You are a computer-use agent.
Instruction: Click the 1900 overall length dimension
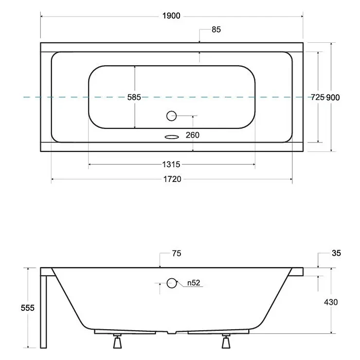pos(171,16)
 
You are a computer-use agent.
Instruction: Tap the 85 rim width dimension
pos(216,30)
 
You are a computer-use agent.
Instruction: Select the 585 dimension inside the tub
pos(134,97)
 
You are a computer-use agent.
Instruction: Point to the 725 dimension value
pos(318,97)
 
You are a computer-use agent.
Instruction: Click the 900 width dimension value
pos(333,98)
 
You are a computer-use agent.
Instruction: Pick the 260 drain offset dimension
pos(192,135)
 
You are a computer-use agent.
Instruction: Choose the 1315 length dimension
pos(171,164)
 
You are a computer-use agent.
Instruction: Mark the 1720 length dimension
pos(172,179)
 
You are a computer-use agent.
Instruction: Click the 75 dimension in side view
pos(177,253)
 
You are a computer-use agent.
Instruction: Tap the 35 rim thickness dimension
pos(336,253)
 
